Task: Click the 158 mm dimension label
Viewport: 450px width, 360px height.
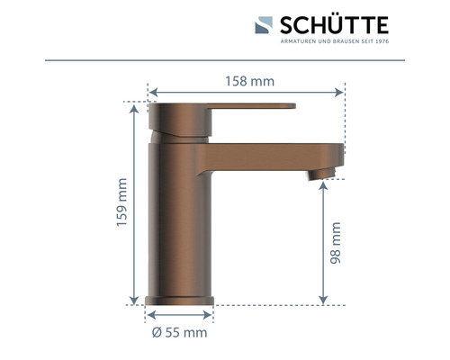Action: [249, 81]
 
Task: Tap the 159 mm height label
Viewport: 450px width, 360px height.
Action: [123, 204]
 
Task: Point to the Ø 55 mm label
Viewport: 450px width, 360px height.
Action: [179, 332]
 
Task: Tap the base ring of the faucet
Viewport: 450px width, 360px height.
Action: [180, 299]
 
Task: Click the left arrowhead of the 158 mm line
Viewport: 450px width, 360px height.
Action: [151, 92]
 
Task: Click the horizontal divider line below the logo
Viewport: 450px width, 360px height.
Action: [225, 58]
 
